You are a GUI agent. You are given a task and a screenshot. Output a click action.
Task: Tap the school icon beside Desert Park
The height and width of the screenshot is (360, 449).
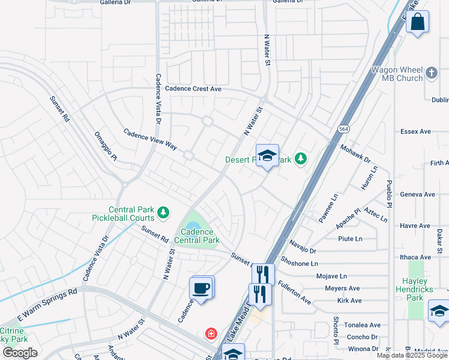(267, 156)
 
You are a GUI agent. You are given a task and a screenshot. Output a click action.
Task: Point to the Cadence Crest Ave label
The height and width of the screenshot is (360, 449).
(194, 89)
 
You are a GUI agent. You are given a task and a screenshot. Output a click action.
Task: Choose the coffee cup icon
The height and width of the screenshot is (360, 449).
(202, 288)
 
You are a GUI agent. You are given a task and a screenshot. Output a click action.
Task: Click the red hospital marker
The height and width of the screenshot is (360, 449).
(211, 333)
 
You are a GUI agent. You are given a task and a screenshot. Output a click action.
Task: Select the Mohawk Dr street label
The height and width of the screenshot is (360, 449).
(355, 154)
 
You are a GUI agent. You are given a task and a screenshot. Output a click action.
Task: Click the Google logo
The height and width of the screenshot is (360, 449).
(20, 353)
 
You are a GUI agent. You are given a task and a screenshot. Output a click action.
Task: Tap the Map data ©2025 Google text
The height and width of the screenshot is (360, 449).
(411, 355)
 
